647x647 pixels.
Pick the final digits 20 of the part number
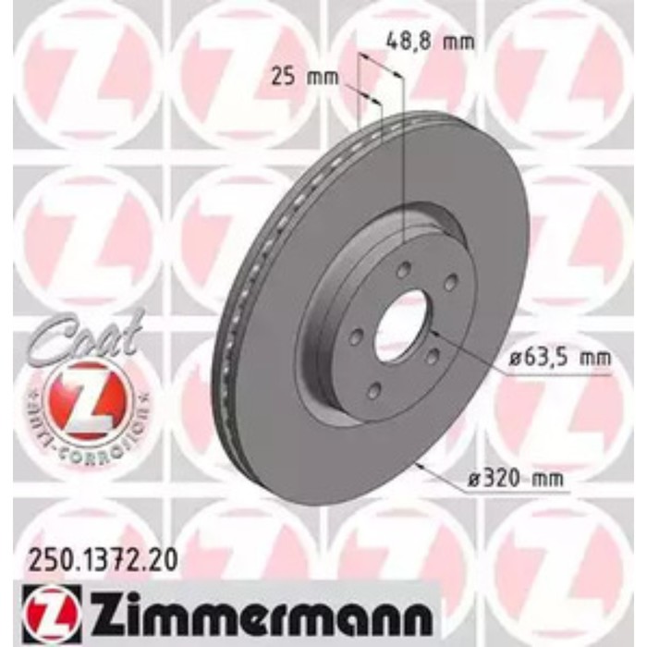tap(165, 558)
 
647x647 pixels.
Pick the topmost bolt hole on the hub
tap(404, 270)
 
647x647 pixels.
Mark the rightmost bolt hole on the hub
tap(450, 284)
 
